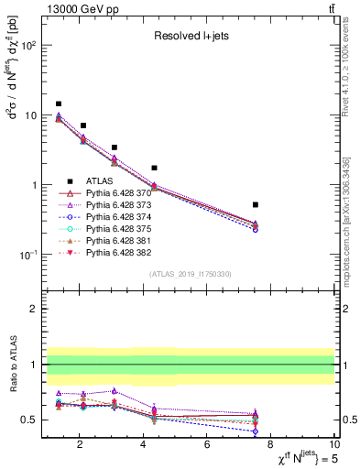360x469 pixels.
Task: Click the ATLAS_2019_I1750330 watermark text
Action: [x=191, y=274]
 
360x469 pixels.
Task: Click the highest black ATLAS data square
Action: [x=59, y=104]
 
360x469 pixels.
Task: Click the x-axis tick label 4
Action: [x=144, y=446]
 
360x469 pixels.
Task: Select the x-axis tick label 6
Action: [x=208, y=446]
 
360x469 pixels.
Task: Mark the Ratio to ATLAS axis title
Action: [x=12, y=364]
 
